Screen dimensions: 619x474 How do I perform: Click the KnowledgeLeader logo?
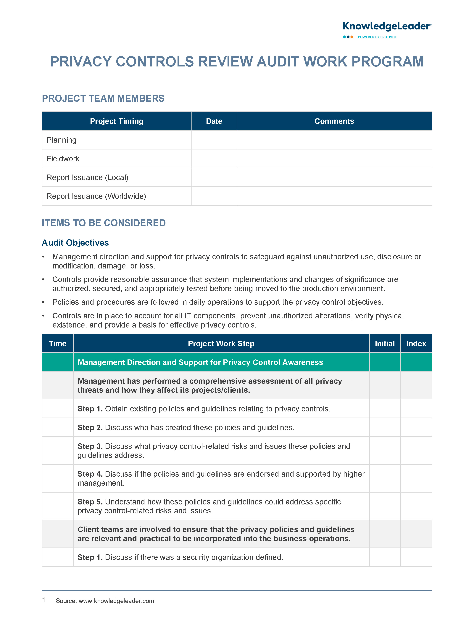pyautogui.click(x=386, y=27)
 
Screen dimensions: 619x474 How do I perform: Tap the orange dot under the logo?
pyautogui.click(x=352, y=37)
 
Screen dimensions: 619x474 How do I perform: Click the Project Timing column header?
pyautogui.click(x=117, y=121)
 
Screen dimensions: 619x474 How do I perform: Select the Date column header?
pyautogui.click(x=214, y=121)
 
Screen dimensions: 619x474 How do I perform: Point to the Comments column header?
pyautogui.click(x=334, y=121)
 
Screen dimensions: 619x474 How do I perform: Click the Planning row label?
pyautogui.click(x=62, y=140)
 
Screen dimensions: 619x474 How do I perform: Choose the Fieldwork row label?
pyautogui.click(x=63, y=159)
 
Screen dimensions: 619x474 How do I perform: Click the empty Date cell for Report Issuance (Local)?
pyautogui.click(x=214, y=177)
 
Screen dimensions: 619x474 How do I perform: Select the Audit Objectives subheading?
pyautogui.click(x=75, y=243)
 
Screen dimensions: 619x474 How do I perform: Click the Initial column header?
pyautogui.click(x=385, y=343)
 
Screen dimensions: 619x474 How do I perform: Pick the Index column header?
pyautogui.click(x=416, y=343)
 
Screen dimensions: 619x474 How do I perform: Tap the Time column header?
pyautogui.click(x=58, y=343)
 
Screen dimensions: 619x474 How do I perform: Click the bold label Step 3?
pyautogui.click(x=90, y=446)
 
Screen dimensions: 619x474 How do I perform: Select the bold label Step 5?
pyautogui.click(x=90, y=502)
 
